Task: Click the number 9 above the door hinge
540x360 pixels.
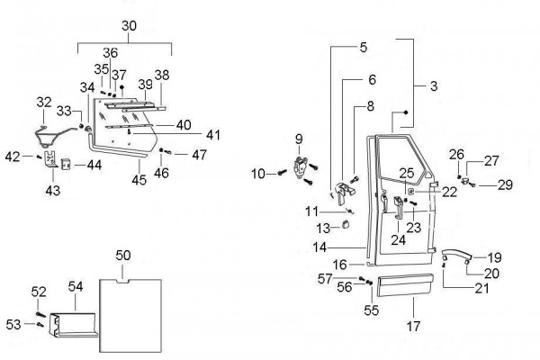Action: [x=297, y=139]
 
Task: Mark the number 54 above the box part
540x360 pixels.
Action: [x=76, y=285]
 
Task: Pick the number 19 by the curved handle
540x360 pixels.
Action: [x=495, y=257]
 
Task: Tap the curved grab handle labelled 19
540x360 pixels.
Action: [x=458, y=255]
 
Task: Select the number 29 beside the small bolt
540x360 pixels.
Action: [x=504, y=184]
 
